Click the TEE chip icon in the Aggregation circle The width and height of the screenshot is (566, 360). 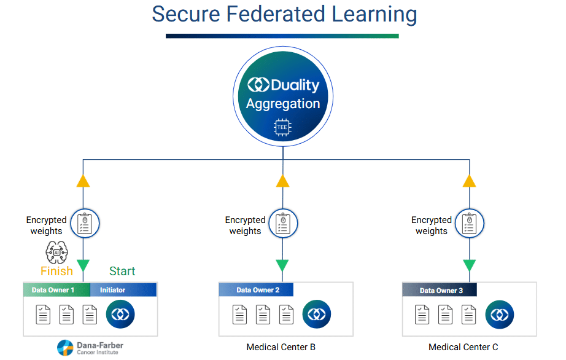[282, 127]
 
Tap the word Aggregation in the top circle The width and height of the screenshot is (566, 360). [283, 104]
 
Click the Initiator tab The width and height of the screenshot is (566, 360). [123, 290]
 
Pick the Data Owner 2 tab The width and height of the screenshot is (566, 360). [256, 290]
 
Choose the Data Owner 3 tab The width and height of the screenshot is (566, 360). [440, 290]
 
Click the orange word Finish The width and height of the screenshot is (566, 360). [56, 271]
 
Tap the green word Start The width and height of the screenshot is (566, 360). [122, 271]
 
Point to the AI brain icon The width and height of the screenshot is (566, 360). [57, 252]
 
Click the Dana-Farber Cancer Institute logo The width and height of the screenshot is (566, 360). [90, 348]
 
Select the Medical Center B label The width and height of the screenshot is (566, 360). [281, 347]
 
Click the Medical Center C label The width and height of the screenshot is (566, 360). [463, 347]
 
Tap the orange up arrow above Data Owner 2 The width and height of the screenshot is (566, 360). [282, 181]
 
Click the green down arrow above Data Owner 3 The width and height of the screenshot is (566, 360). [469, 265]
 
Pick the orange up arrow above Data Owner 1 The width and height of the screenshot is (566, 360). [83, 181]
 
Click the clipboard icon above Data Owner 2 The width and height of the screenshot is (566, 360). [282, 222]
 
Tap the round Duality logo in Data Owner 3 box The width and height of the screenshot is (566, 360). [499, 315]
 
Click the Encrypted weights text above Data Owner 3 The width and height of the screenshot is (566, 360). [432, 225]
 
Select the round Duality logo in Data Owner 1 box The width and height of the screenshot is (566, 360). [120, 314]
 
